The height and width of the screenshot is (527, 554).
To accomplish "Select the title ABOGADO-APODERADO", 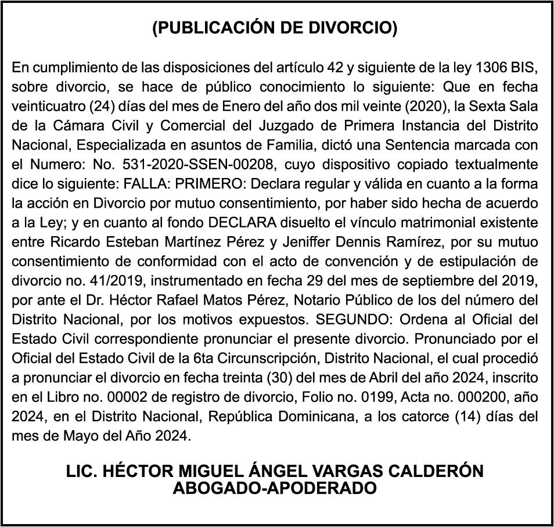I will click(x=275, y=487).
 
